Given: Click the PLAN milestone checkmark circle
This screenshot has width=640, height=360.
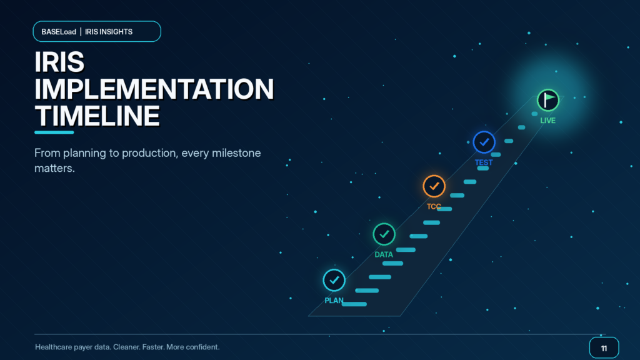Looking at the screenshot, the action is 334,281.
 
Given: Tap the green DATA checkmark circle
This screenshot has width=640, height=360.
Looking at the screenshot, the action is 384,234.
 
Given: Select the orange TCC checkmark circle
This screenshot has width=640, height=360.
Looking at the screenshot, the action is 434,186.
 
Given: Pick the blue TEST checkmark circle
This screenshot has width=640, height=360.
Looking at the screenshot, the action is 484,142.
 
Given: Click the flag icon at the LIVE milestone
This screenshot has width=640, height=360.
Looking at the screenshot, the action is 547,100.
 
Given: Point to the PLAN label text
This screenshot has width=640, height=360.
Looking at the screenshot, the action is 334,301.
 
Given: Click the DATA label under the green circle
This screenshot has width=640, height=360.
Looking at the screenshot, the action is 384,255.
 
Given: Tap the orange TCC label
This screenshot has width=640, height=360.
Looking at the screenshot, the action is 434,206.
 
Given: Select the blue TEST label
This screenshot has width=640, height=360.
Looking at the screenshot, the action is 484,162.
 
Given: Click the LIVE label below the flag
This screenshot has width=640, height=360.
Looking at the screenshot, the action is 547,121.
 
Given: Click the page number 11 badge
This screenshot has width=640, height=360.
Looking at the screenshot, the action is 604,347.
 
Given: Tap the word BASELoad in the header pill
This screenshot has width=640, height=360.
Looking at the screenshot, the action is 59,32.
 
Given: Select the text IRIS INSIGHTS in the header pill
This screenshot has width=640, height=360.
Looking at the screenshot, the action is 109,32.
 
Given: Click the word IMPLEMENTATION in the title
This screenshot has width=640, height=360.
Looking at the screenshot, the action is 154,89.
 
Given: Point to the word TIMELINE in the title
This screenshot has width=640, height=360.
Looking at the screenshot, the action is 97,116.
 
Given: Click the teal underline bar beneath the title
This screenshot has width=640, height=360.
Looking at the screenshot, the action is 54,132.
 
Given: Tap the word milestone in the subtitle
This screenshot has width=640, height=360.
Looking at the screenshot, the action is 237,153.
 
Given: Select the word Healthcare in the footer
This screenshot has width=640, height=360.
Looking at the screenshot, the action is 54,347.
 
